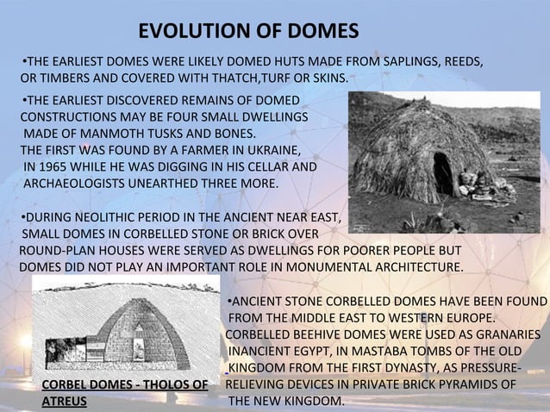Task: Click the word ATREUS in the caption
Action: coord(64,402)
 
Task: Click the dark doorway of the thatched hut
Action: coord(442,172)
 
